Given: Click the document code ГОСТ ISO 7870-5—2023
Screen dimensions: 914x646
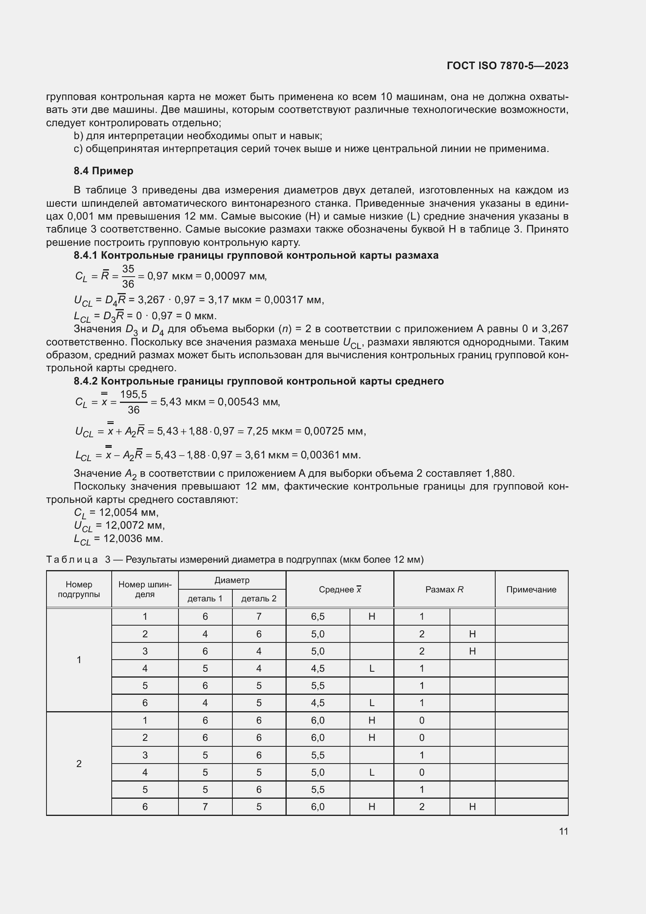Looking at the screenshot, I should [x=508, y=66].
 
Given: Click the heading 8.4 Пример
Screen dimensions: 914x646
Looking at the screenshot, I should [x=103, y=171].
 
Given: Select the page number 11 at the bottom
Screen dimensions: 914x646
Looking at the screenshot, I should [x=563, y=831].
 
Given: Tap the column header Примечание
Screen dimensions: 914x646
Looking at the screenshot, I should [x=531, y=590].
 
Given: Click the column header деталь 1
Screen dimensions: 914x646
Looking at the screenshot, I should [x=205, y=598].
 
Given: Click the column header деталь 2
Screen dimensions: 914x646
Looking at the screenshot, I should [x=259, y=598].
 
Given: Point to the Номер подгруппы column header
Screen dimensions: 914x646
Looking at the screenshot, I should [x=79, y=589].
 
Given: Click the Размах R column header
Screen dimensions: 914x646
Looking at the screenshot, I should [x=444, y=590].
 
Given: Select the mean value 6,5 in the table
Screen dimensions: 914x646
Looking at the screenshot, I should [x=318, y=617].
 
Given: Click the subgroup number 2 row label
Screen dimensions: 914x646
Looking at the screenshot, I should [x=79, y=764].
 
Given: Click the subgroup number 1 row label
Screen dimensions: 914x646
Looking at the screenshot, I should [x=79, y=660].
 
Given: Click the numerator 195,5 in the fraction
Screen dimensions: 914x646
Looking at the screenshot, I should [x=134, y=395].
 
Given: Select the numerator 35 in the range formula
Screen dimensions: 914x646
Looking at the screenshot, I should [x=128, y=269].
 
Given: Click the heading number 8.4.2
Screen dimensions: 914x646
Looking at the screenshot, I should [x=86, y=381].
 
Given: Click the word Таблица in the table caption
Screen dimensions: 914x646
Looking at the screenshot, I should [x=72, y=560].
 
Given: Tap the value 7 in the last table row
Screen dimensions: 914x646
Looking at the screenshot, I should [x=205, y=807].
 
